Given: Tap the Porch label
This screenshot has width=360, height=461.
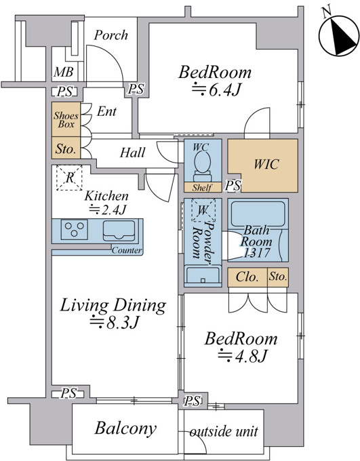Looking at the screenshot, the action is point(111,35).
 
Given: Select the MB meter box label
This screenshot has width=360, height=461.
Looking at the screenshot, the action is point(63,72).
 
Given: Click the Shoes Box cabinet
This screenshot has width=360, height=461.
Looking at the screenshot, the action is point(66,119).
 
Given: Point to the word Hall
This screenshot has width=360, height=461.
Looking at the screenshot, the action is point(132,153).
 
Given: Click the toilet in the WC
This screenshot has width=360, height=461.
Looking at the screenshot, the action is point(202,167).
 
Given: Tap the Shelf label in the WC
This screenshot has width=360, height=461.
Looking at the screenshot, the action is point(202,187).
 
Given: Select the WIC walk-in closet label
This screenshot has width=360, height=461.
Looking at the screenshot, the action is point(266,164).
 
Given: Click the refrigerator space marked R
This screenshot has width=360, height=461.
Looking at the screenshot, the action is point(69,178).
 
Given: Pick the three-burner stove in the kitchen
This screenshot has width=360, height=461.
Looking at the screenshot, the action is point(74,230).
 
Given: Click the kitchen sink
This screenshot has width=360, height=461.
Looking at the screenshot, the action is point(119,230).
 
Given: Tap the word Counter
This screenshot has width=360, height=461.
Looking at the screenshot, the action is point(127,250).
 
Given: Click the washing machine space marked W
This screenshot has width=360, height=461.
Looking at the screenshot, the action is point(203,210).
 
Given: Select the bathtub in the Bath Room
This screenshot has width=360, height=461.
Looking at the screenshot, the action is point(258,214).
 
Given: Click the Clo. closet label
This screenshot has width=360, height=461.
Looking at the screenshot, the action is point(247,277).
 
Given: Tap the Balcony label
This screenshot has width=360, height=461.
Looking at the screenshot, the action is point(125,428).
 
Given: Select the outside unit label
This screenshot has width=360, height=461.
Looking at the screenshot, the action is point(224,431).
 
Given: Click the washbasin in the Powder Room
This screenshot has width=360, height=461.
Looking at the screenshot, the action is point(203,275).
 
